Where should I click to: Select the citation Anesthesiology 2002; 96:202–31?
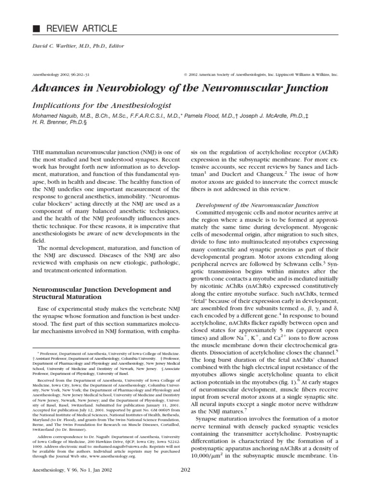coord(51,76)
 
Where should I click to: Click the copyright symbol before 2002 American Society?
coord(185,76)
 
